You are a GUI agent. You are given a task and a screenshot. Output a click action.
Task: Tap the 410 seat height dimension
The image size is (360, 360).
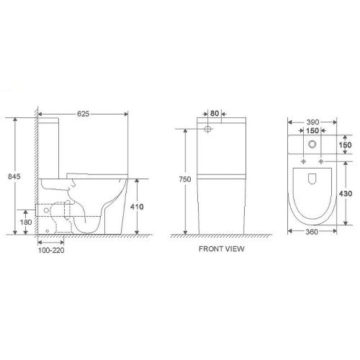138,207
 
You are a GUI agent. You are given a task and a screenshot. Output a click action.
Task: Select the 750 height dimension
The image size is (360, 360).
184,180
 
